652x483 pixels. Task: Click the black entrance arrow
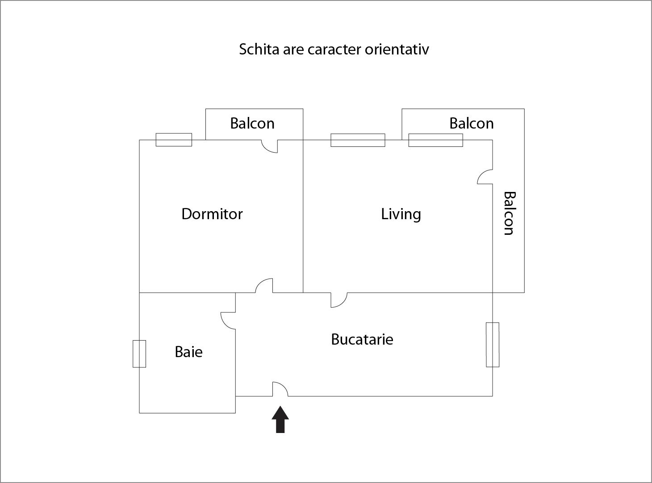tap(280, 420)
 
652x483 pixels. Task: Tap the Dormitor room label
tap(212, 214)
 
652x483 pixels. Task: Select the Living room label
tap(401, 214)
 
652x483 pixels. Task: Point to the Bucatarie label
tap(362, 339)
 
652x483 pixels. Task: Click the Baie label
tap(189, 352)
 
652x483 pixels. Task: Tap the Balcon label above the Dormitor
tap(252, 123)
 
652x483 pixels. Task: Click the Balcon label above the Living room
tap(472, 123)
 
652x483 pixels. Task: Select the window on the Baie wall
tap(139, 354)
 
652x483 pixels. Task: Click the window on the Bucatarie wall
tap(493, 345)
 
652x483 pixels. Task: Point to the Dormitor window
tap(174, 140)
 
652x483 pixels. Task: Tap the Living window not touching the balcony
tap(358, 140)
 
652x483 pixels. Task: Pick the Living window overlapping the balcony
tap(436, 140)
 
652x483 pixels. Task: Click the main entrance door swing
tap(280, 389)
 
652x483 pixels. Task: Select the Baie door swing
tap(228, 321)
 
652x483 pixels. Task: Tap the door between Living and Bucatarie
tap(339, 300)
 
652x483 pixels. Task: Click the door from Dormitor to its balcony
tap(270, 146)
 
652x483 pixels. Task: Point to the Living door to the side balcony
tap(485, 177)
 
